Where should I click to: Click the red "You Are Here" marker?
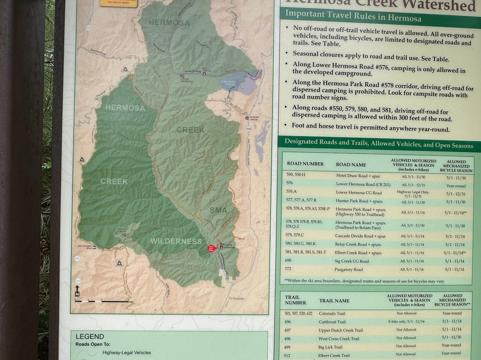click(211, 248)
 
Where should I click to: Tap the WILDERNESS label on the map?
click(176, 241)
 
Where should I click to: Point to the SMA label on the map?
click(218, 210)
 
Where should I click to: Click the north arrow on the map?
click(77, 291)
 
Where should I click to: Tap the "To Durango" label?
click(237, 298)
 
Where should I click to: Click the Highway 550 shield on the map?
click(248, 128)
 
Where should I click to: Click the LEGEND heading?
click(90, 336)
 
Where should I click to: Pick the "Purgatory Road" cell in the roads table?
click(348, 270)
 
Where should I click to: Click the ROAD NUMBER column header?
click(305, 164)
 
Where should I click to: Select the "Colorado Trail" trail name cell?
click(332, 314)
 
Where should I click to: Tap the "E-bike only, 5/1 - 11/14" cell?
click(406, 322)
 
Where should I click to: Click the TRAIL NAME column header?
click(334, 301)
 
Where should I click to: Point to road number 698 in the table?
click(289, 261)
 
